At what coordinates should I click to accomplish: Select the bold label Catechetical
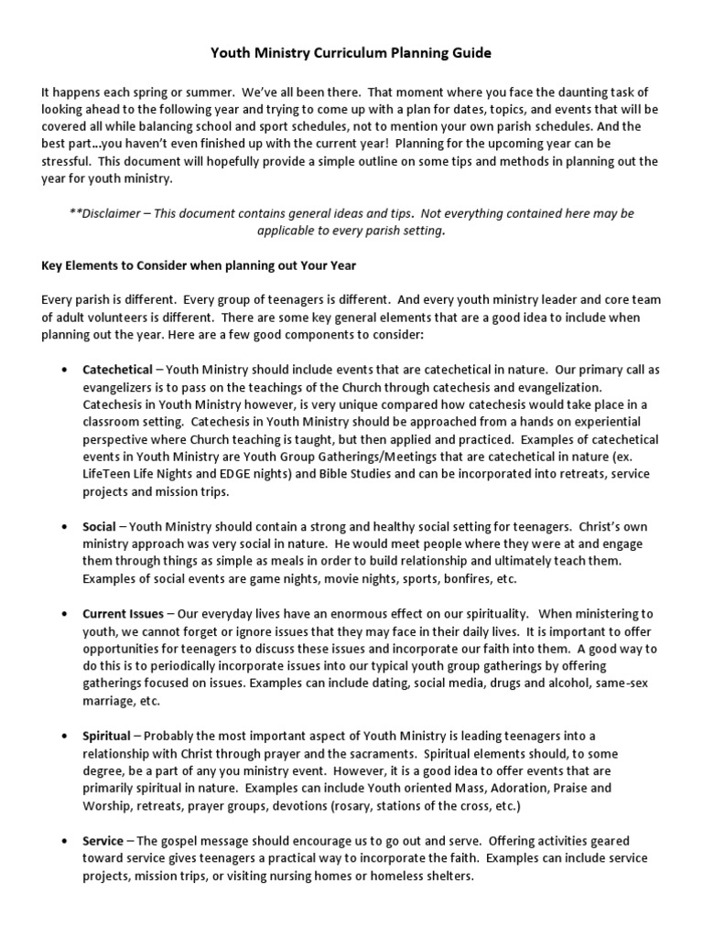tap(117, 371)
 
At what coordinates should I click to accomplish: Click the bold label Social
tap(99, 527)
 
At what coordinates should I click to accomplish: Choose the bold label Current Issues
tap(124, 614)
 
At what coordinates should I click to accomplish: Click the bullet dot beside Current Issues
tap(62, 614)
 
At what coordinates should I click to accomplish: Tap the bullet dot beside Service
tap(62, 841)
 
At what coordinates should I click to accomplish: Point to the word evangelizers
tap(123, 388)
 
